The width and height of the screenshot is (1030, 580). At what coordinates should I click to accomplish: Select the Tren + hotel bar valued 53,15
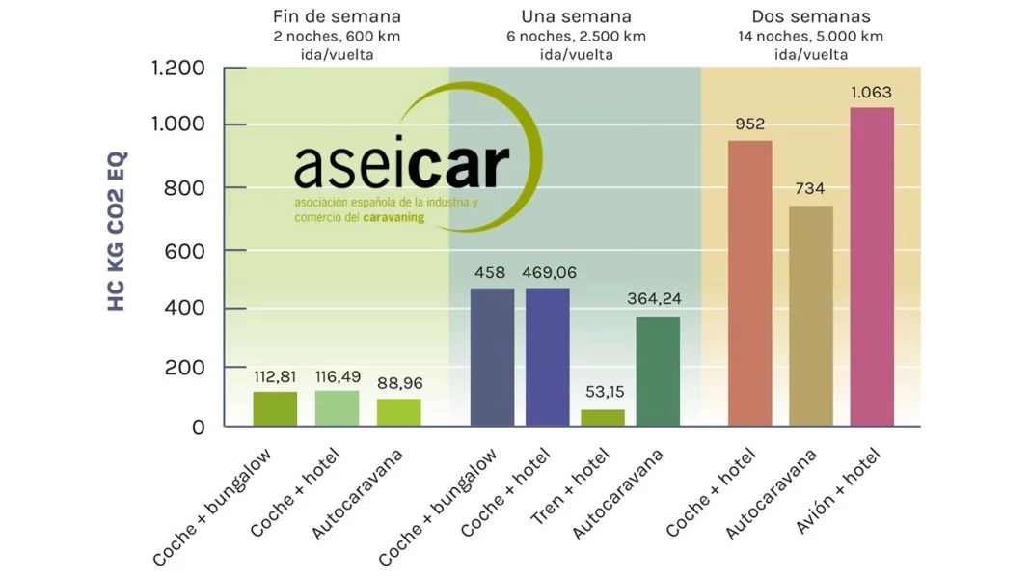(602, 417)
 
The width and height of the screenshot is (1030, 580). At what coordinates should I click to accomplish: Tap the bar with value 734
(810, 315)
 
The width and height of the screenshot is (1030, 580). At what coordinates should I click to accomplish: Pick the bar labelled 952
(749, 283)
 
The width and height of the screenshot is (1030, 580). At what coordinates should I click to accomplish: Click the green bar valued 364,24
(658, 371)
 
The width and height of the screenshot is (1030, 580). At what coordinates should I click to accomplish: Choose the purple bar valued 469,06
(547, 356)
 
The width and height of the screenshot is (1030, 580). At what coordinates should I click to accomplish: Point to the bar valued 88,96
(399, 412)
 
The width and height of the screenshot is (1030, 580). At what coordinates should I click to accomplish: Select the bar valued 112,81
(275, 408)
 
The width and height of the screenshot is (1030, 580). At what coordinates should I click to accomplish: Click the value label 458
(491, 273)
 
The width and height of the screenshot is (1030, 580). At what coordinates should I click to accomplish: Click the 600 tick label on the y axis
(184, 249)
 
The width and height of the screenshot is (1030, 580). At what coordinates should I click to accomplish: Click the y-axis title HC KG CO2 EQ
(117, 232)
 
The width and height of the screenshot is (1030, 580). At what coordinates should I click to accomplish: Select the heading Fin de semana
(337, 16)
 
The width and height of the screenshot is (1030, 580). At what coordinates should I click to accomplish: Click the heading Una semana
(576, 16)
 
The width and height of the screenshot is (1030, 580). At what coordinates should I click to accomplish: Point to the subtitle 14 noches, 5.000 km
(810, 37)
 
